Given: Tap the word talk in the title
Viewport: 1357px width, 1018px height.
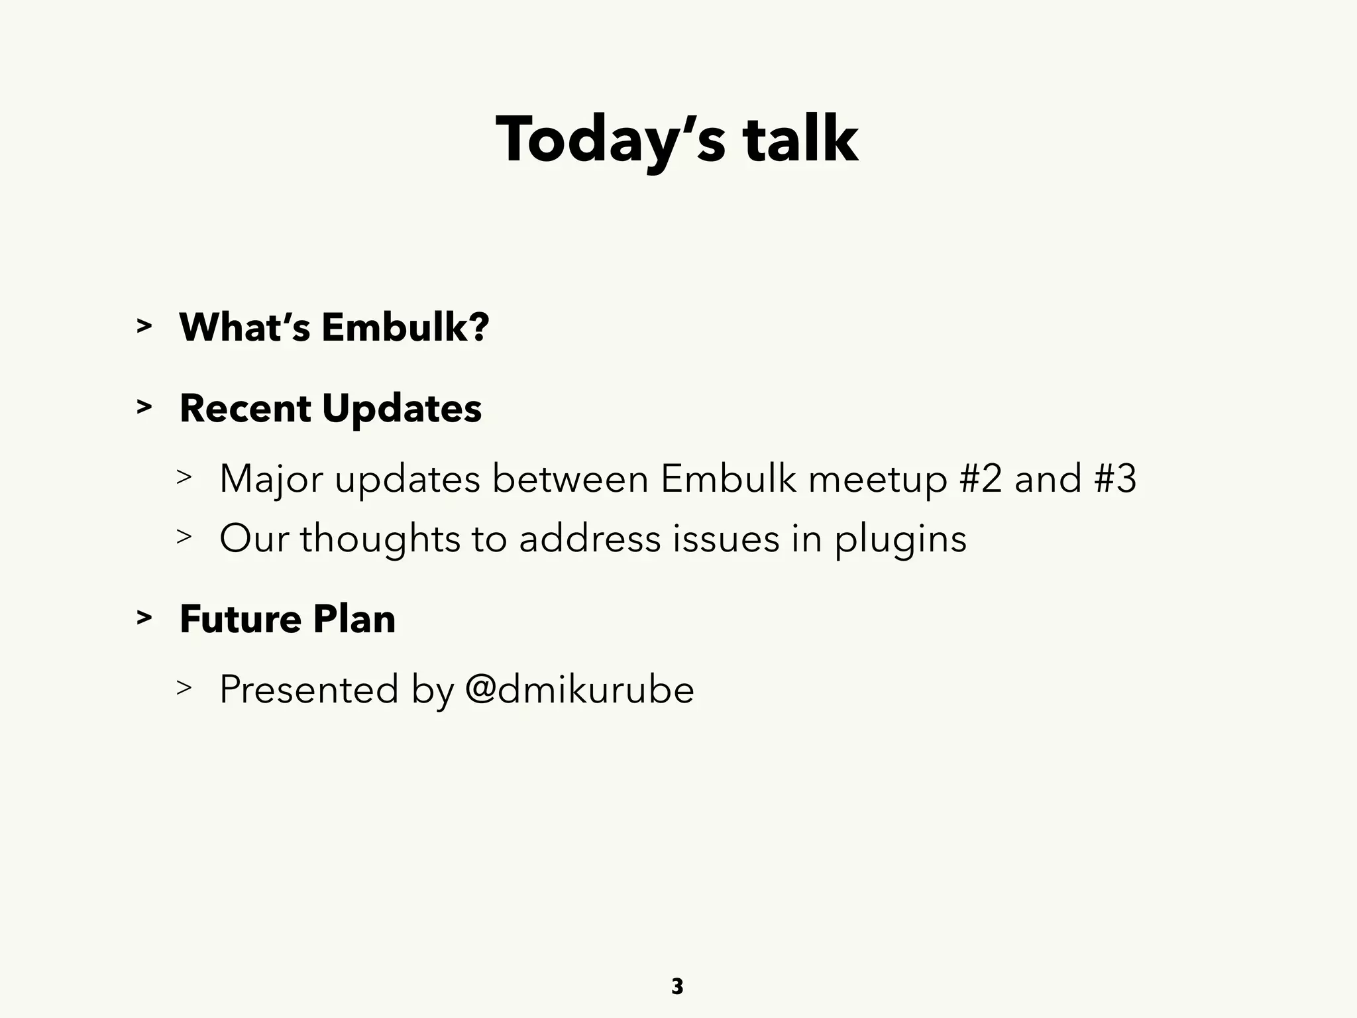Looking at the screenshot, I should [800, 141].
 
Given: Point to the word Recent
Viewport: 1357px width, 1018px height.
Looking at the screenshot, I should [244, 408].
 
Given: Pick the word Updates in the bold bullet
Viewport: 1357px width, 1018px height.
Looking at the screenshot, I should [402, 410].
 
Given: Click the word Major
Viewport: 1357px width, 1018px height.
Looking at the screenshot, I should [271, 479].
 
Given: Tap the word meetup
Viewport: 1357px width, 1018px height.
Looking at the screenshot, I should [877, 479].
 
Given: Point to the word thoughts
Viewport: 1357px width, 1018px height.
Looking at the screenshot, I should [380, 538].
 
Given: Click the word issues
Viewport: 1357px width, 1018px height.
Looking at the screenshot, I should [726, 538].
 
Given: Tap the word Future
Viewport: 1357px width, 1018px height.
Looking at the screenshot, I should [241, 619].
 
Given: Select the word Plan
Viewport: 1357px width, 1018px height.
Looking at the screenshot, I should [354, 619].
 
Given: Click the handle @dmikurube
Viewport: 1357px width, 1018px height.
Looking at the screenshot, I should [579, 689].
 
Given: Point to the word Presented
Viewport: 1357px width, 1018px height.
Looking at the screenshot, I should [309, 689].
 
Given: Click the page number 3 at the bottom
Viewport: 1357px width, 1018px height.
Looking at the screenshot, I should [677, 986].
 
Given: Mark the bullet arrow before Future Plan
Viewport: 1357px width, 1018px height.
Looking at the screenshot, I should [144, 618].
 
